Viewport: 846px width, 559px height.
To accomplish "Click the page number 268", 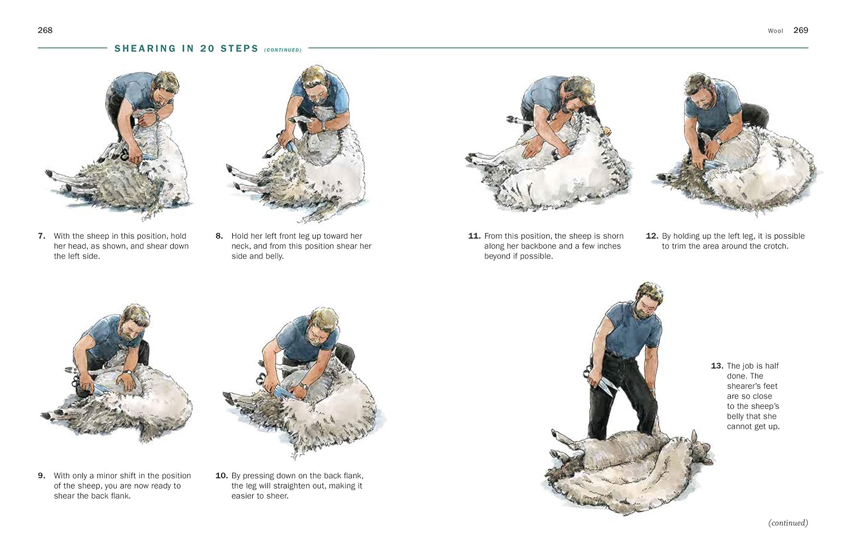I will pyautogui.click(x=45, y=30).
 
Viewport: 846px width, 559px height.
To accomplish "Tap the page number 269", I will pyautogui.click(x=800, y=30).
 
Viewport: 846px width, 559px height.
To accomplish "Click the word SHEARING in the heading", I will pyautogui.click(x=146, y=49).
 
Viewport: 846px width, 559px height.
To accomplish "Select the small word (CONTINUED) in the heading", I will pyautogui.click(x=283, y=50).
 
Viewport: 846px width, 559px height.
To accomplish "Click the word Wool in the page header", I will pyautogui.click(x=775, y=31).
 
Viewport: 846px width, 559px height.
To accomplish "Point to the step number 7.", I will pyautogui.click(x=42, y=236).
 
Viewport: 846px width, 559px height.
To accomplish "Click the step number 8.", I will pyautogui.click(x=219, y=236).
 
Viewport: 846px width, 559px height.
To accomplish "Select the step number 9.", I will pyautogui.click(x=42, y=476).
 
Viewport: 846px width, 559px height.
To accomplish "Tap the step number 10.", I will pyautogui.click(x=221, y=476).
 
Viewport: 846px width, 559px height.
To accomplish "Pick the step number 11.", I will pyautogui.click(x=474, y=236).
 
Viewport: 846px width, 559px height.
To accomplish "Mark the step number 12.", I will pyautogui.click(x=652, y=236).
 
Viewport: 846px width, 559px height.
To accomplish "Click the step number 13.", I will pyautogui.click(x=717, y=366).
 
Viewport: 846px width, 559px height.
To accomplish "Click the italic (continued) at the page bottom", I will pyautogui.click(x=788, y=523).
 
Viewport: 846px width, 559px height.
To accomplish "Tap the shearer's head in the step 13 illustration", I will pyautogui.click(x=647, y=302).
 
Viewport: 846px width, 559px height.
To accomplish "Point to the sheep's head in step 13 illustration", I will pyautogui.click(x=700, y=451).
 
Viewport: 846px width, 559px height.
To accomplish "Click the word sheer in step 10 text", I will pyautogui.click(x=277, y=496).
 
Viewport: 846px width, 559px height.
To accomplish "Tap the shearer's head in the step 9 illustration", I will pyautogui.click(x=134, y=322).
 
